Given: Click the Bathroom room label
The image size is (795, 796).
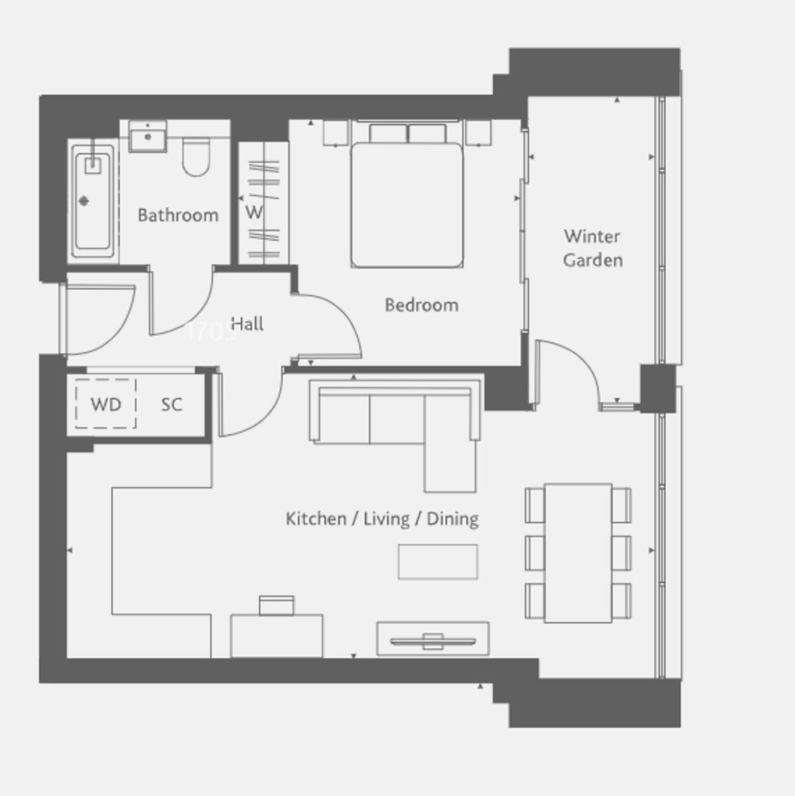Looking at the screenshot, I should click(178, 215).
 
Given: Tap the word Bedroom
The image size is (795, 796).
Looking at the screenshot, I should click(421, 305).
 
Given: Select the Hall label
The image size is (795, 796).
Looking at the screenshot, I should click(247, 324).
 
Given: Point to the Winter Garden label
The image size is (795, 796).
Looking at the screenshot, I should click(593, 248).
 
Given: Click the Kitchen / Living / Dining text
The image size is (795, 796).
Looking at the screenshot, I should click(382, 519).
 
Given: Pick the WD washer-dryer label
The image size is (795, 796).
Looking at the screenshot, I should click(106, 405).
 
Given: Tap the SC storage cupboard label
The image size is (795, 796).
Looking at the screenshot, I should click(171, 405).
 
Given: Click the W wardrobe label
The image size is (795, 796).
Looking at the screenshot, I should click(253, 213).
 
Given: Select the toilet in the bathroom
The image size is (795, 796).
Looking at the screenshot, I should click(196, 157).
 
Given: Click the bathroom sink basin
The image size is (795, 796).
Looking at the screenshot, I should click(147, 137).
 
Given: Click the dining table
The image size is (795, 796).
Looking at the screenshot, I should click(578, 553).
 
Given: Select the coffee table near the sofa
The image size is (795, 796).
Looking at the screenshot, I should click(437, 562).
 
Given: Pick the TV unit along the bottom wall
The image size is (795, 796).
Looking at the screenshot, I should click(433, 639).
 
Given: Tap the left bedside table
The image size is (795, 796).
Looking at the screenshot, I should click(336, 133).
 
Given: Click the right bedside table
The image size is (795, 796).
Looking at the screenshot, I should click(478, 133).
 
